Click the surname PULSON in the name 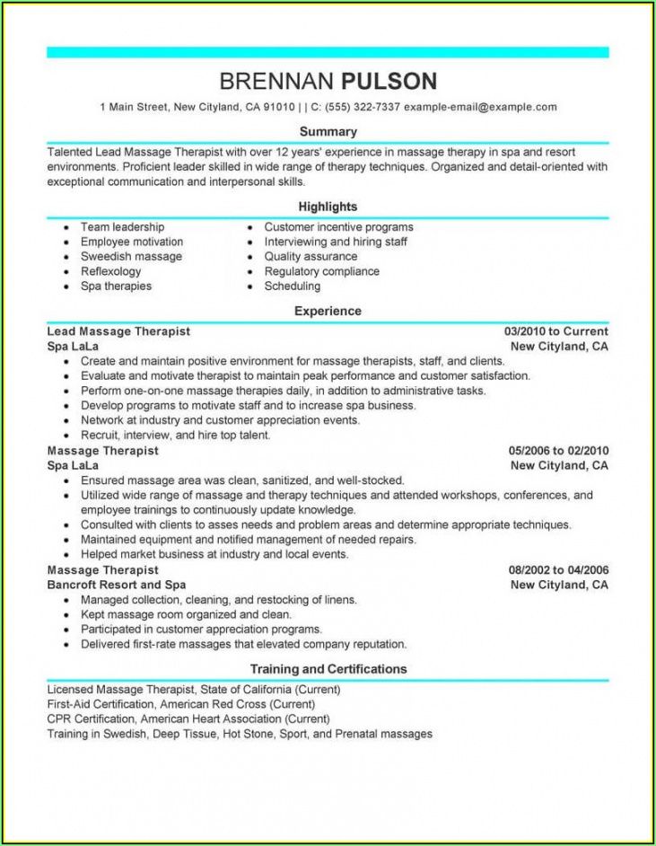click(389, 82)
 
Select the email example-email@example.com click(480, 107)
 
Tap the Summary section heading click(328, 132)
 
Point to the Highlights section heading click(328, 207)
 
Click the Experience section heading click(328, 311)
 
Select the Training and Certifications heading click(328, 669)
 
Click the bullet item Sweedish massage click(131, 257)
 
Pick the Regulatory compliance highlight click(321, 271)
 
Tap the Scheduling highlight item click(292, 286)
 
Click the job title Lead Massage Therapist click(118, 331)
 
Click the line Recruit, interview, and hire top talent click(175, 436)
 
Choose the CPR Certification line click(188, 719)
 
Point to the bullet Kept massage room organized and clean click(186, 614)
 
